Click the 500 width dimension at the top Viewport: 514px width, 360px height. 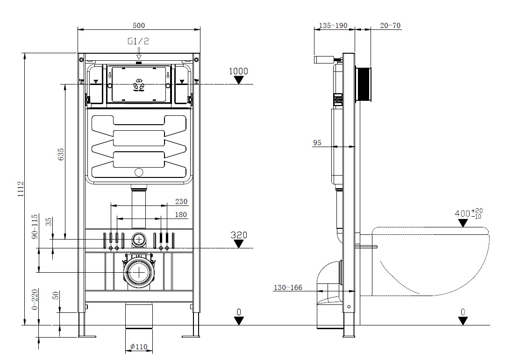point(139,25)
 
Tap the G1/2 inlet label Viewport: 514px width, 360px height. point(138,41)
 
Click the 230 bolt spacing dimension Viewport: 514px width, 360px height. point(181,202)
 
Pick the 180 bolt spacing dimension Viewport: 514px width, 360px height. point(181,215)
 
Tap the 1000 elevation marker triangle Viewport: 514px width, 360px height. point(239,80)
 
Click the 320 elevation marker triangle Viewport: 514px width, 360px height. point(239,244)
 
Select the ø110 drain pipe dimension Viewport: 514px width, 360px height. point(139,346)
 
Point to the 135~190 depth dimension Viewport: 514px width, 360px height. point(333,26)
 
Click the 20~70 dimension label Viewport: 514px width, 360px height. point(390,26)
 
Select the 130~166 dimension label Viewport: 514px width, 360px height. point(288,288)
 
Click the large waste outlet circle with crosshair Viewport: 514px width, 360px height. point(139,272)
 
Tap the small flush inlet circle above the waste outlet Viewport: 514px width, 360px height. point(139,240)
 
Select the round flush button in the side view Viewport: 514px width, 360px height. point(364,84)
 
